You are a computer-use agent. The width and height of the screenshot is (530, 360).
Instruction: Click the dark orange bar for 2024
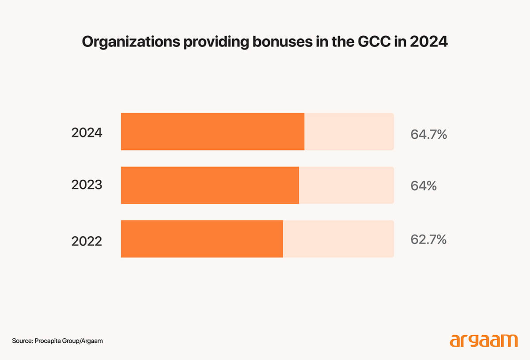click(x=212, y=132)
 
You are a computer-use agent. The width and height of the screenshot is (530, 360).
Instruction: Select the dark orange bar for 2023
click(x=210, y=185)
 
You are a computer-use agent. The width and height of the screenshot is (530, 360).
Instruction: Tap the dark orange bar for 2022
click(x=202, y=239)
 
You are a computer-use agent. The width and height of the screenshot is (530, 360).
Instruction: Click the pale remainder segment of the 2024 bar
click(x=349, y=132)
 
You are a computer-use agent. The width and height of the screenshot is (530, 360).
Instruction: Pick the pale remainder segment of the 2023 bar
click(x=346, y=185)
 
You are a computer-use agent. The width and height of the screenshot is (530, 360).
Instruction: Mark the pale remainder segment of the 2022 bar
click(x=338, y=239)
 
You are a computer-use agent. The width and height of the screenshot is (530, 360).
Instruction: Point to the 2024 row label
click(x=87, y=133)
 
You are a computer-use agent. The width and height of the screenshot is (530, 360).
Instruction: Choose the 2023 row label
click(x=87, y=185)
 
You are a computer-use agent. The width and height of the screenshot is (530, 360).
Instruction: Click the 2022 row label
click(x=87, y=241)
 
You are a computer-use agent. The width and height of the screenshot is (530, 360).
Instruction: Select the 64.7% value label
click(x=428, y=134)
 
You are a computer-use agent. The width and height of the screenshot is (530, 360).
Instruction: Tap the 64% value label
click(x=424, y=186)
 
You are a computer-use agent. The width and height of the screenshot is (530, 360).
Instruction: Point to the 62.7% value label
click(x=428, y=239)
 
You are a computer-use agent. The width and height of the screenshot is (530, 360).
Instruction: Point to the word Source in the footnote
click(x=22, y=341)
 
